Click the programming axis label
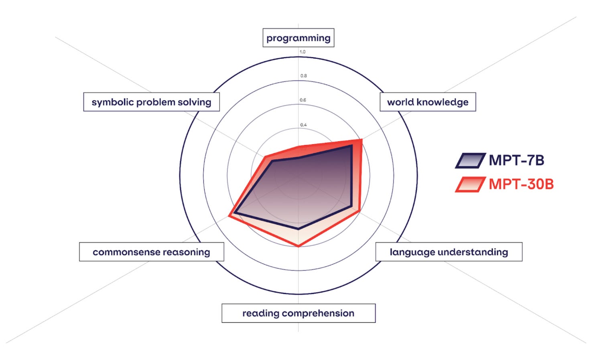pyautogui.click(x=298, y=38)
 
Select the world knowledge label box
pyautogui.click(x=428, y=102)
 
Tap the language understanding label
pyautogui.click(x=449, y=252)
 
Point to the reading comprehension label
pyautogui.click(x=298, y=313)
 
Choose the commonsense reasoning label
pyautogui.click(x=151, y=252)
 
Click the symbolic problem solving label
pyautogui.click(x=151, y=102)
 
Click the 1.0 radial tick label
pyautogui.click(x=303, y=52)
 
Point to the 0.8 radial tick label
pyautogui.click(x=303, y=76)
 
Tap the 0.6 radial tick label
pyautogui.click(x=303, y=100)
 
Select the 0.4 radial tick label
pyautogui.click(x=303, y=125)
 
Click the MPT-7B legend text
pyautogui.click(x=516, y=160)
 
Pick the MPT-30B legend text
pyautogui.click(x=521, y=184)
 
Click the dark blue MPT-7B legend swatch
pyautogui.click(x=470, y=160)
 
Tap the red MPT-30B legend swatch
pyautogui.click(x=470, y=184)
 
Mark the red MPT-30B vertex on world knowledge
pyautogui.click(x=361, y=140)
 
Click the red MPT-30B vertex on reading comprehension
pyautogui.click(x=298, y=246)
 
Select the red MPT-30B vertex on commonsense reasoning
pyautogui.click(x=229, y=216)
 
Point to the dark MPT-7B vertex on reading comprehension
pyautogui.click(x=298, y=229)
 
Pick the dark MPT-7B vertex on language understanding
pyautogui.click(x=351, y=207)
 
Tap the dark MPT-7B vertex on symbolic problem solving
pyautogui.click(x=271, y=161)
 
